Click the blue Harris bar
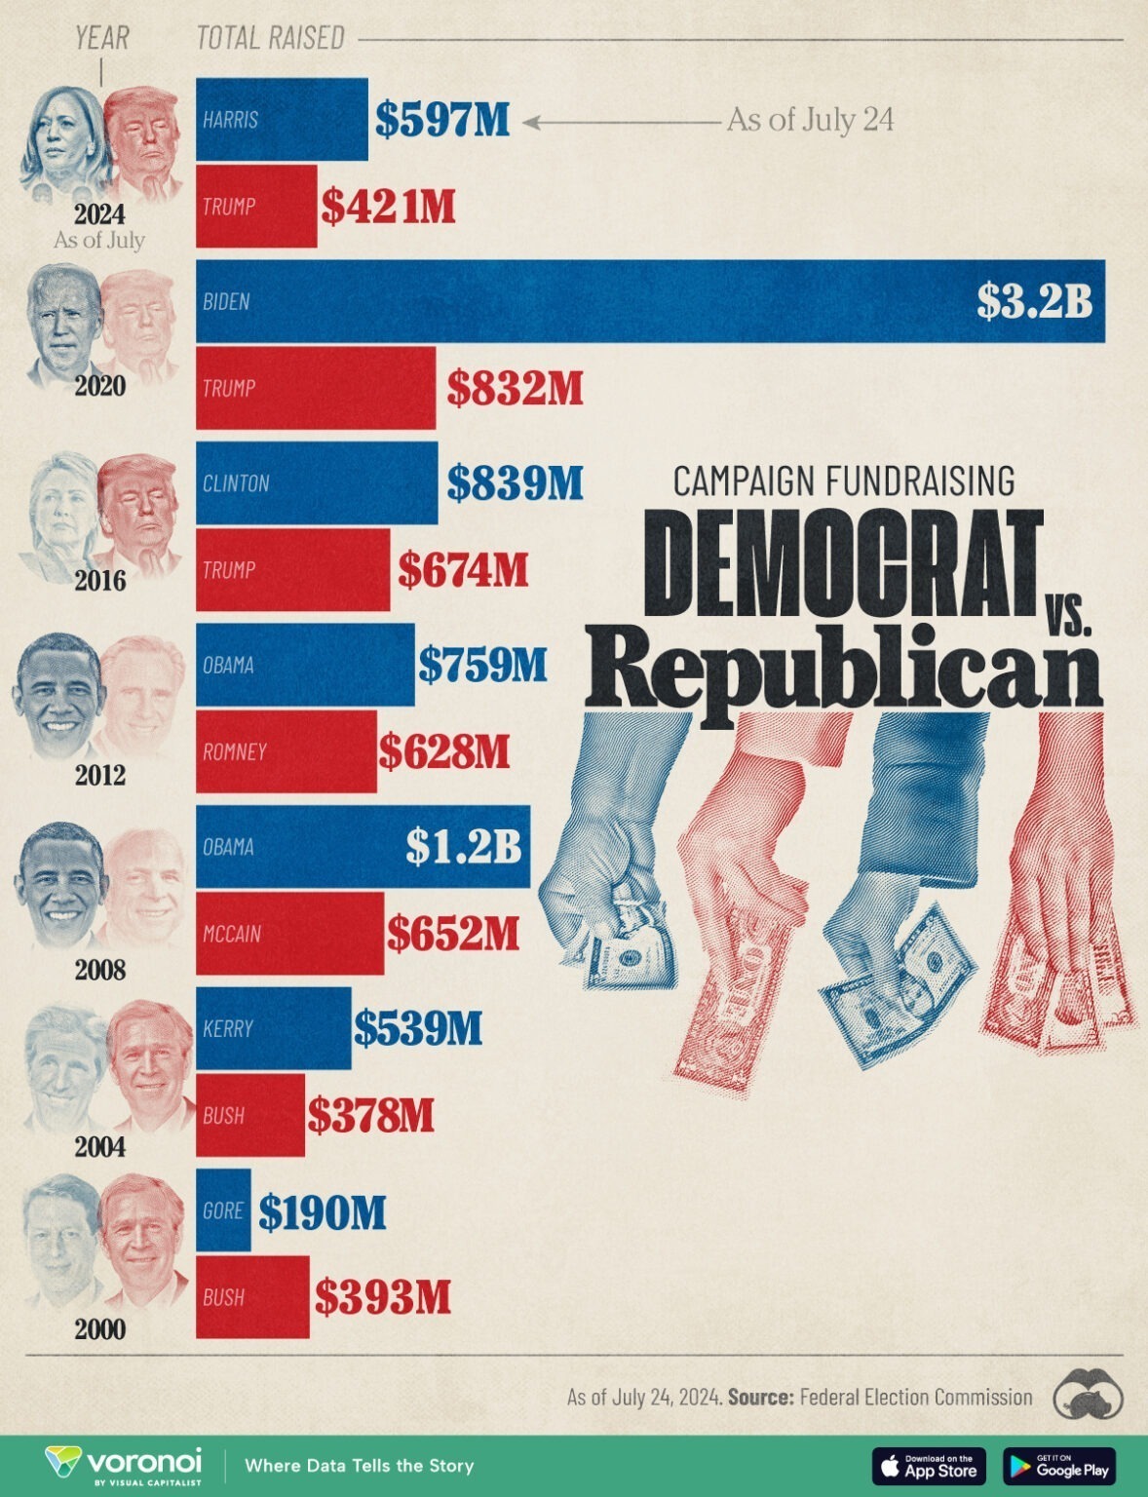click(282, 119)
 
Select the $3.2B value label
click(1034, 301)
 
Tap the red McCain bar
click(289, 933)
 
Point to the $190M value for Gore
click(323, 1211)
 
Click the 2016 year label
click(100, 581)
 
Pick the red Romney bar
click(286, 750)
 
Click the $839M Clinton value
click(515, 482)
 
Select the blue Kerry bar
click(273, 1028)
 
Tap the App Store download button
click(929, 1466)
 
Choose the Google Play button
click(1059, 1466)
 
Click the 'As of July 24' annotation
click(810, 120)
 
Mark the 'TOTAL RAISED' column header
click(271, 38)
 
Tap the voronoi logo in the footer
click(124, 1464)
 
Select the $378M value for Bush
click(370, 1115)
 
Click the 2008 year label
click(100, 970)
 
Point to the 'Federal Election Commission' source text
click(915, 1397)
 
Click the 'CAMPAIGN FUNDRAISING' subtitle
click(844, 480)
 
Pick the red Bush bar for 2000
click(252, 1296)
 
